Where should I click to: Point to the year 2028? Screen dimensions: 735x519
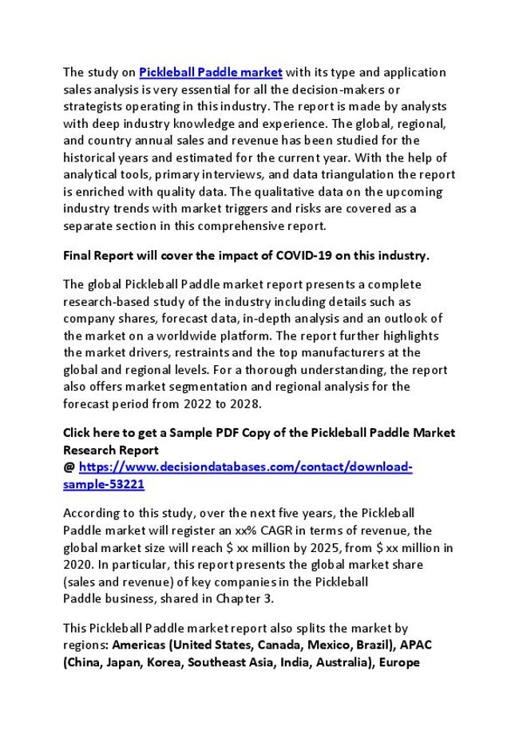(246, 403)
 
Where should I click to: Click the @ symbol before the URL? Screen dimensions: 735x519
(69, 467)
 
